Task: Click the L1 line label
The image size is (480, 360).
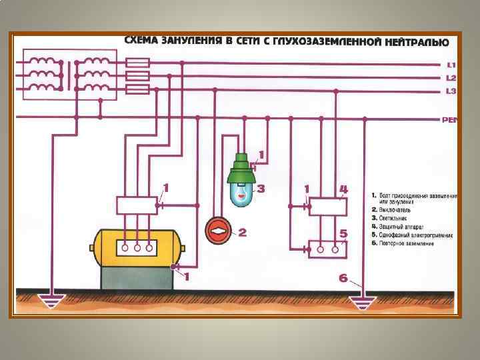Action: (451, 65)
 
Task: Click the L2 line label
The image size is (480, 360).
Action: (451, 78)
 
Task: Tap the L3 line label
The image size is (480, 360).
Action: (451, 91)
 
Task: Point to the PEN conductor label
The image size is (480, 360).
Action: (450, 120)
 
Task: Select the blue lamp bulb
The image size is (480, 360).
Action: (241, 194)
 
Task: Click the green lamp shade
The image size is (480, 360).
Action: (243, 171)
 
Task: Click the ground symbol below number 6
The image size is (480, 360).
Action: (363, 303)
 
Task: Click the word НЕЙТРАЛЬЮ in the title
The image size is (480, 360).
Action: (415, 42)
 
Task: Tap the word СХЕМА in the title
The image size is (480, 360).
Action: (143, 41)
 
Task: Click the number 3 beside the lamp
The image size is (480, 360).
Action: (261, 189)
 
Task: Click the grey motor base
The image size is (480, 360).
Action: (137, 278)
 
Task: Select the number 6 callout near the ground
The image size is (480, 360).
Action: (343, 278)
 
